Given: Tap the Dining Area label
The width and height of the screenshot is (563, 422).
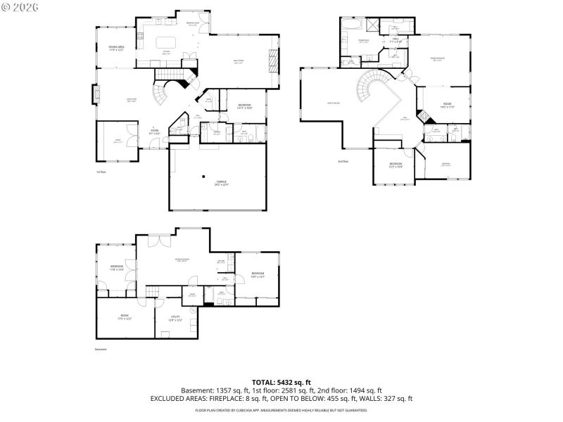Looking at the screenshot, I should tap(116, 49).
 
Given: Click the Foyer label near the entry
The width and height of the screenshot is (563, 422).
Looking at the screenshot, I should tap(153, 131).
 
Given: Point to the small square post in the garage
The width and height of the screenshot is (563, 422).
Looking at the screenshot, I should tap(203, 176).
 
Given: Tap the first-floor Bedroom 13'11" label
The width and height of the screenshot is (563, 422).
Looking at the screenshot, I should tap(244, 105).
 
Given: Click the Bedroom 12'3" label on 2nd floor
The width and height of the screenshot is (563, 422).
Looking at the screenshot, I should tap(396, 166).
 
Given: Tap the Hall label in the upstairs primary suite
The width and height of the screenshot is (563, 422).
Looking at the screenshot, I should tap(396, 41).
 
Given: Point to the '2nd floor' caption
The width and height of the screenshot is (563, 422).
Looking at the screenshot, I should tap(343, 161).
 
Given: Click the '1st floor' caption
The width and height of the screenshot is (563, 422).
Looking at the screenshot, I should tap(101, 172).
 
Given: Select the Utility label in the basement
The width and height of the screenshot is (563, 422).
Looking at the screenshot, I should tap(175, 318).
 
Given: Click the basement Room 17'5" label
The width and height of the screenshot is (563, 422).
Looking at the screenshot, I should tap(125, 316).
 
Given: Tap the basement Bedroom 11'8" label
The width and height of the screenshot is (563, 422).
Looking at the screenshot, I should tap(117, 267).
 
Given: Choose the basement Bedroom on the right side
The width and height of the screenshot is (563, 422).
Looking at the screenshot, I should tap(258, 274).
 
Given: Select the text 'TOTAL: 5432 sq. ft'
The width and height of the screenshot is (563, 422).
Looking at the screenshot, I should tap(281, 382).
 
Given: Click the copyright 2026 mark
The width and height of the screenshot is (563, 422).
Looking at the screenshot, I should tap(21, 7).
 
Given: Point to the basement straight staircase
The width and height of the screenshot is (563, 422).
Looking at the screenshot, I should tap(153, 293).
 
